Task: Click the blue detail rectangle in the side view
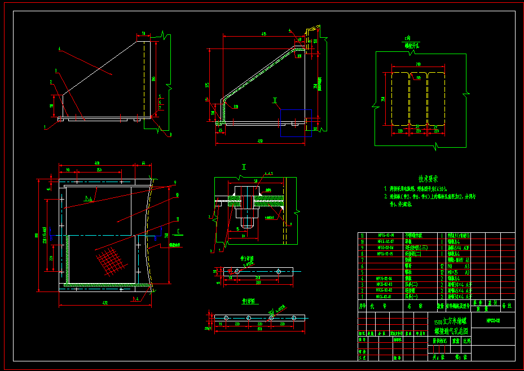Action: click(x=296, y=123)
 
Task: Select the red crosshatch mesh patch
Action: click(x=109, y=260)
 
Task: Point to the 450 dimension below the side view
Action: click(x=260, y=140)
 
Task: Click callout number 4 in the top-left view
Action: click(x=59, y=48)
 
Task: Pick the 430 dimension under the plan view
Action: click(x=105, y=303)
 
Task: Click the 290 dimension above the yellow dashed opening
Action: click(x=418, y=64)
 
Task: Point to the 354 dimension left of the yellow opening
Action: click(x=383, y=98)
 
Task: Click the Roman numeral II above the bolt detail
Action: click(x=244, y=167)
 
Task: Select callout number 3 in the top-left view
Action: click(x=56, y=70)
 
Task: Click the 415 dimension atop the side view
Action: click(x=263, y=34)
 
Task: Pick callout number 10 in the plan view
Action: click(x=177, y=195)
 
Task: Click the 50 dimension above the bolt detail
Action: click(x=255, y=180)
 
